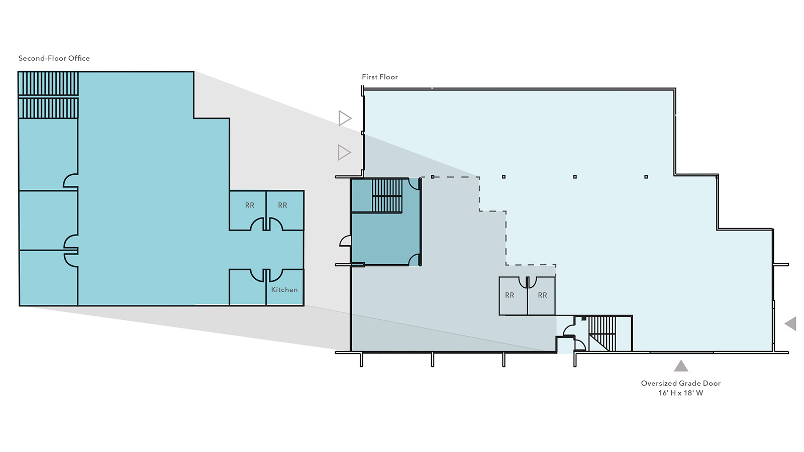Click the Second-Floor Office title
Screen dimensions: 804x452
54,58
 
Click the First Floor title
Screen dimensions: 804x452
380,77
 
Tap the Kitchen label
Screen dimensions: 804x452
284,289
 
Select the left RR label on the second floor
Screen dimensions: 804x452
249,205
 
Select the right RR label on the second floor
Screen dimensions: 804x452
282,205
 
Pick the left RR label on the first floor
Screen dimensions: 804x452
510,295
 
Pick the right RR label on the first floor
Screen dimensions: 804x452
542,295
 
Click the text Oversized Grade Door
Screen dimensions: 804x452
681,383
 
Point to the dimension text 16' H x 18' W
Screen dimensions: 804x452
681,393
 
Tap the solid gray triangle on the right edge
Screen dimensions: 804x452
791,323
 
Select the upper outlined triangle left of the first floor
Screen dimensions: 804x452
344,119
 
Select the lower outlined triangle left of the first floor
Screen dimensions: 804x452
344,153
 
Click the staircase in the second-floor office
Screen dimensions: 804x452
48,95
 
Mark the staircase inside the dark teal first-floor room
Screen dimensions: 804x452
387,195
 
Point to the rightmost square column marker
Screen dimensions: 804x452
646,177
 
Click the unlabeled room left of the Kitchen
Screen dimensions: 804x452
248,287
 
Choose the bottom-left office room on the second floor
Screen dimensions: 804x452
48,278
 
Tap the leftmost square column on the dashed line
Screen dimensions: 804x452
433,177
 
